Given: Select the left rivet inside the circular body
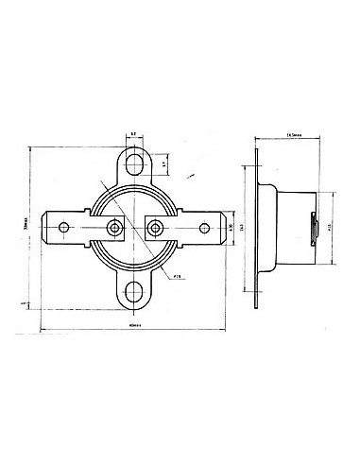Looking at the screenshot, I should tap(115, 228).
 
